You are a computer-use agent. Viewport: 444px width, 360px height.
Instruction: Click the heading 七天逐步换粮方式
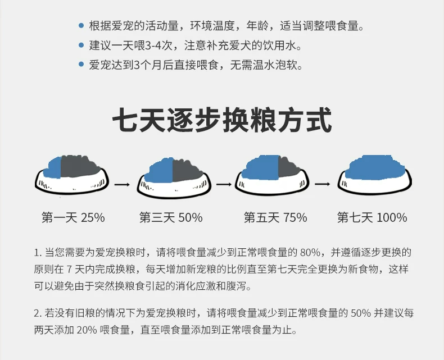pyautogui.click(x=222, y=120)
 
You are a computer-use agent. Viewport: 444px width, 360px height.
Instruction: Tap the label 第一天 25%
pyautogui.click(x=73, y=218)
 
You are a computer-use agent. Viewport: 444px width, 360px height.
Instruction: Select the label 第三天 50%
pyautogui.click(x=171, y=218)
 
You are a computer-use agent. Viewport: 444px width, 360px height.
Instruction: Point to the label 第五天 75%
pyautogui.click(x=275, y=218)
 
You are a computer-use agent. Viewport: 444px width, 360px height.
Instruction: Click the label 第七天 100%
pyautogui.click(x=372, y=218)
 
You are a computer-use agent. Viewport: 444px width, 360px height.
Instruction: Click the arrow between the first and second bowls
pyautogui.click(x=122, y=185)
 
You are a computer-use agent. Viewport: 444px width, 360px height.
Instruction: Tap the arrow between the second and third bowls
pyautogui.click(x=224, y=185)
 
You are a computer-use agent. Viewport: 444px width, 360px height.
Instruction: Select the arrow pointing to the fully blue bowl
pyautogui.click(x=322, y=184)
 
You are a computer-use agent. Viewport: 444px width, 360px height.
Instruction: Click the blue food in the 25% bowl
pyautogui.click(x=54, y=169)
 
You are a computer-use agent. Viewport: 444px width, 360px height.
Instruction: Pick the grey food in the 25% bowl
pyautogui.click(x=79, y=167)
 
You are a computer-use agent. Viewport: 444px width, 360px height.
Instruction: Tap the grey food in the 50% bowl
pyautogui.click(x=187, y=171)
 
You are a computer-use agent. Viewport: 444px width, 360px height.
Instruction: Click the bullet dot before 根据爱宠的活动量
pyautogui.click(x=81, y=25)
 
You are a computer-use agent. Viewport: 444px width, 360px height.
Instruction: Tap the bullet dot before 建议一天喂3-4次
pyautogui.click(x=81, y=45)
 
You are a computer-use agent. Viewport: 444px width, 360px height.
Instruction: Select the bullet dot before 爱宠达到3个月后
pyautogui.click(x=81, y=65)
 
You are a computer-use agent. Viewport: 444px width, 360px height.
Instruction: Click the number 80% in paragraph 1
pyautogui.click(x=310, y=252)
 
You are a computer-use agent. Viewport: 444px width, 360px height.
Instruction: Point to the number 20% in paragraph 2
pyautogui.click(x=87, y=330)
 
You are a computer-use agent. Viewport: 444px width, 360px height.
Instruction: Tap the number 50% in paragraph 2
pyautogui.click(x=361, y=313)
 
